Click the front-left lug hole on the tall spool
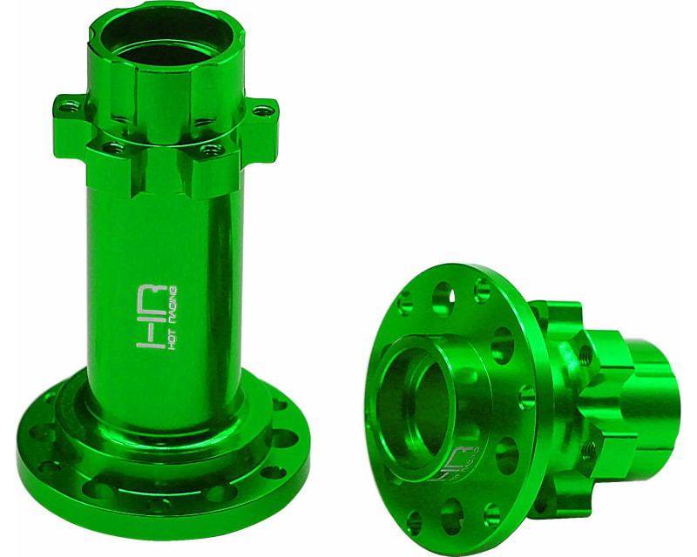(112, 148)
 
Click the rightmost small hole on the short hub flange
(525, 397)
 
